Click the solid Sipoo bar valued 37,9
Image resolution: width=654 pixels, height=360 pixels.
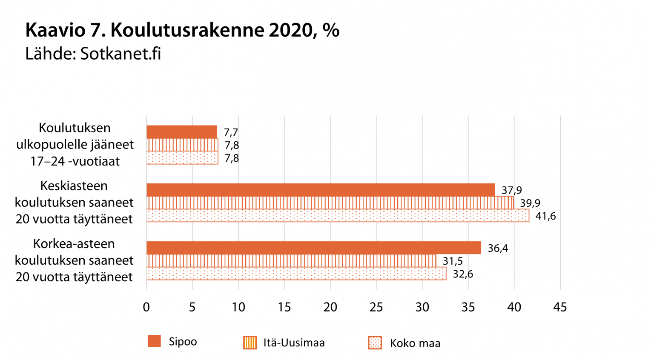(x=320, y=190)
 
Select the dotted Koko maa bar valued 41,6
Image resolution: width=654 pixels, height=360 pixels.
(x=338, y=216)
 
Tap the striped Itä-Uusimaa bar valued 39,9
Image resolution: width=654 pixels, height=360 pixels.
(x=330, y=203)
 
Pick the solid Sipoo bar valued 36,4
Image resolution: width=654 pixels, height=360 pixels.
(x=313, y=248)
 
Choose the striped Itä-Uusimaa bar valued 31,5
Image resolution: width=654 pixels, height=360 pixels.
(x=291, y=261)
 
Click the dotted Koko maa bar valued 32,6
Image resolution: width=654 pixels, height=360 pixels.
(x=296, y=274)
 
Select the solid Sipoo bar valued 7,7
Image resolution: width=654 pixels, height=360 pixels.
(x=182, y=132)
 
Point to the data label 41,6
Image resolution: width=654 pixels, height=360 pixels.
(x=545, y=216)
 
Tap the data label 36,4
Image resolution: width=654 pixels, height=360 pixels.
(x=498, y=248)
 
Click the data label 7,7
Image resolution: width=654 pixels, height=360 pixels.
(x=231, y=132)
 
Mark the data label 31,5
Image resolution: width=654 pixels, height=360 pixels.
(x=453, y=261)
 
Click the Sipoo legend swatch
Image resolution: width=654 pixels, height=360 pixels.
(x=154, y=341)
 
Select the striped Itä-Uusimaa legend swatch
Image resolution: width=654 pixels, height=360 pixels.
(x=250, y=343)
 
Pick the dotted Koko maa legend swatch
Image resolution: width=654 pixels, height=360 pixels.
(x=375, y=343)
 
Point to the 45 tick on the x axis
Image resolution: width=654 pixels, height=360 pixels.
(x=560, y=307)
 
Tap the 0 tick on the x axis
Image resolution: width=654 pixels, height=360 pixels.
(x=146, y=307)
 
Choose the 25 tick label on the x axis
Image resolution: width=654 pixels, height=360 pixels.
(x=376, y=307)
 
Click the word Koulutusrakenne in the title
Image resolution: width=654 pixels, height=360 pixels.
(x=187, y=30)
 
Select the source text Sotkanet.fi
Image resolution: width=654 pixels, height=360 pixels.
(x=120, y=54)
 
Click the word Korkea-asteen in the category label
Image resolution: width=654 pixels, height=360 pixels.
(x=74, y=243)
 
